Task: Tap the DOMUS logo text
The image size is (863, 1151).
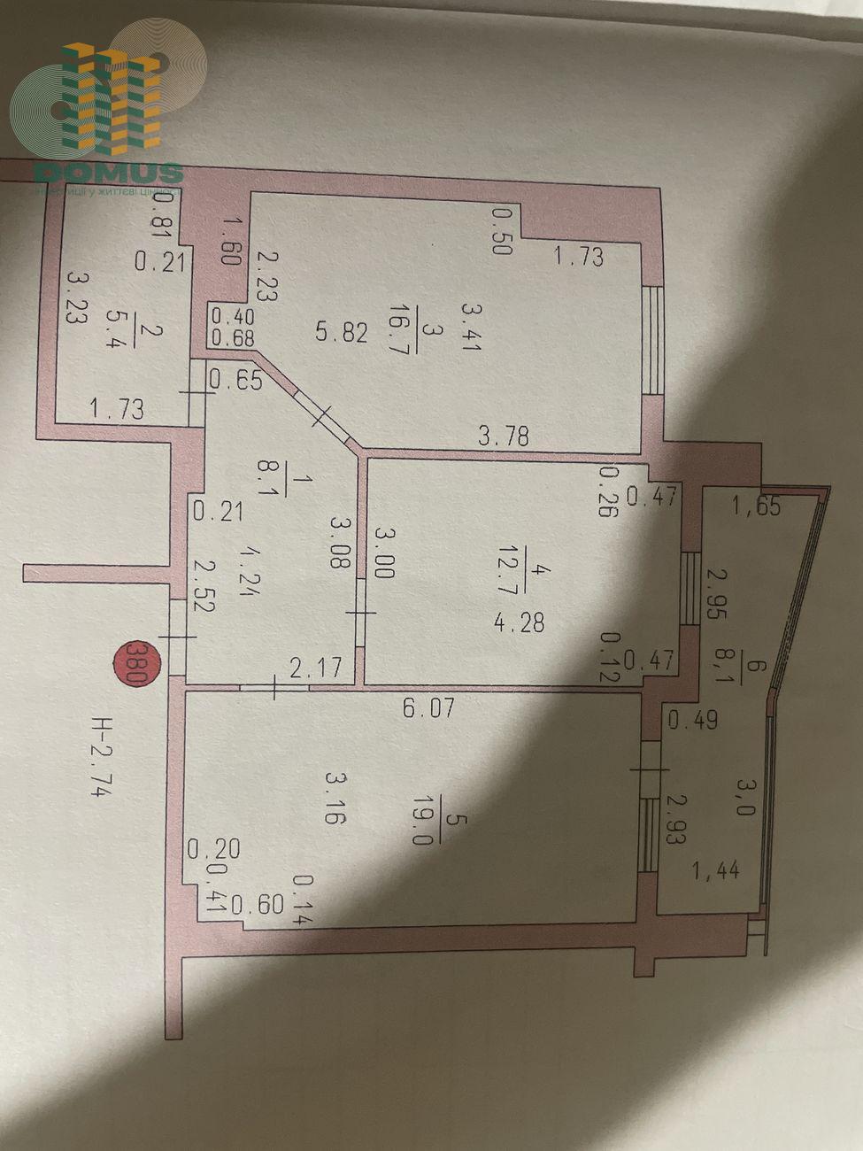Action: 108,172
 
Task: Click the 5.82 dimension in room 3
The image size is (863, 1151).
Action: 341,332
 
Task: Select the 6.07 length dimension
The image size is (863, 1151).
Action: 429,707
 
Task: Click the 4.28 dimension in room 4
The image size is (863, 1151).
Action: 519,622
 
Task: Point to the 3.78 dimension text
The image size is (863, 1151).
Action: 503,435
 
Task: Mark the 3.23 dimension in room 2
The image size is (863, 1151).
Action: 76,297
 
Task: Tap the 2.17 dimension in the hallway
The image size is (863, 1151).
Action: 316,667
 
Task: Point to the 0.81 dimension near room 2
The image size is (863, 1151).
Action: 161,216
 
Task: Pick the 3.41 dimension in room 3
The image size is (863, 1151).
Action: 470,327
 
